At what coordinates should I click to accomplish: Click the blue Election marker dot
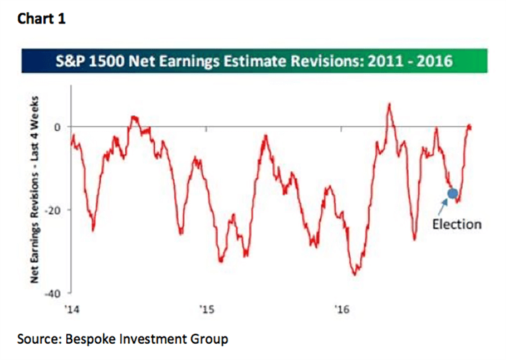pyautogui.click(x=453, y=193)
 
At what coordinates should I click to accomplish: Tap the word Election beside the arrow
pyautogui.click(x=457, y=224)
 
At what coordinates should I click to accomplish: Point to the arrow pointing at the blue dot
pyautogui.click(x=443, y=207)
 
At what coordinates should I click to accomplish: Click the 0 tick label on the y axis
pyautogui.click(x=57, y=127)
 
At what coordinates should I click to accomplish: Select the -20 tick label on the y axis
pyautogui.click(x=53, y=210)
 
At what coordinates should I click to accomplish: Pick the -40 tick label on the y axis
pyautogui.click(x=53, y=294)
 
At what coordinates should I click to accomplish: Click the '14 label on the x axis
pyautogui.click(x=72, y=309)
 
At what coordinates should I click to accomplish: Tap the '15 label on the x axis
pyautogui.click(x=207, y=309)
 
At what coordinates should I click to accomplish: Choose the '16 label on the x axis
pyautogui.click(x=342, y=309)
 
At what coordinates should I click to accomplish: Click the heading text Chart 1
pyautogui.click(x=42, y=19)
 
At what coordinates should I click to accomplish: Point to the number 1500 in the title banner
pyautogui.click(x=106, y=61)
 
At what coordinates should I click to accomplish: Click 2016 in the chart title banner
pyautogui.click(x=434, y=61)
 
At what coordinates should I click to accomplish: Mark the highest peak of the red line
pyautogui.click(x=389, y=104)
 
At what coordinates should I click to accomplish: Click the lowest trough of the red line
pyautogui.click(x=355, y=275)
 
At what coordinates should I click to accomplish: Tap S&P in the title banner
pyautogui.click(x=69, y=61)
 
